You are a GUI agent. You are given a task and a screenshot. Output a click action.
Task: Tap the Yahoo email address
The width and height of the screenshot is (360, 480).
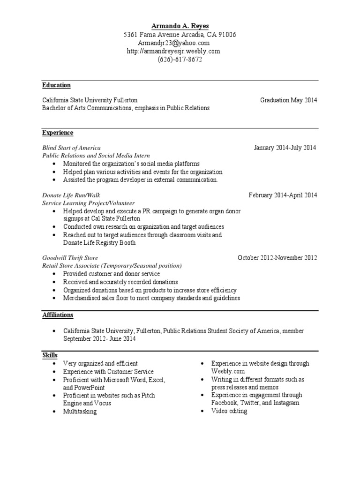pyautogui.click(x=180, y=43)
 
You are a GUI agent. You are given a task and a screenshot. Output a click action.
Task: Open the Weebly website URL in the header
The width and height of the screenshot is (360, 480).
pyautogui.click(x=180, y=51)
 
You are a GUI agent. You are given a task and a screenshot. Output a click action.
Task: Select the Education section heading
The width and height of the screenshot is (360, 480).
pyautogui.click(x=56, y=85)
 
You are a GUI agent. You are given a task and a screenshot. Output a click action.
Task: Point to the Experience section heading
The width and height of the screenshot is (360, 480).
pyautogui.click(x=58, y=133)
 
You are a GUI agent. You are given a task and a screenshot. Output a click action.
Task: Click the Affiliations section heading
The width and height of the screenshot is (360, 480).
pyautogui.click(x=58, y=315)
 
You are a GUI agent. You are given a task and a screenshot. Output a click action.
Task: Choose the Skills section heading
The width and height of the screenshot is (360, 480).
pyautogui.click(x=50, y=356)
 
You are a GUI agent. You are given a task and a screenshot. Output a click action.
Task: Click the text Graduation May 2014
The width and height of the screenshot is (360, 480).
pyautogui.click(x=289, y=100)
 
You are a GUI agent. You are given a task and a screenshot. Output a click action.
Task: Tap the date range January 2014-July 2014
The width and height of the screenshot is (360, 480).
pyautogui.click(x=285, y=148)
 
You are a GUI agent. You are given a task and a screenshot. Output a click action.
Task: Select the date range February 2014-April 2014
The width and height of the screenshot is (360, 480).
pyautogui.click(x=283, y=195)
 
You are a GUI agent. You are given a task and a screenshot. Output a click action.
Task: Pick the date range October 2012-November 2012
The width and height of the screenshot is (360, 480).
pyautogui.click(x=277, y=257)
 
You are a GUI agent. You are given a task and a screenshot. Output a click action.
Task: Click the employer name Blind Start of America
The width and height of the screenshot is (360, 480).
pyautogui.click(x=71, y=148)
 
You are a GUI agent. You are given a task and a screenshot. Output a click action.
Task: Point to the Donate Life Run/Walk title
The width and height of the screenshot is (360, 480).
pyautogui.click(x=71, y=195)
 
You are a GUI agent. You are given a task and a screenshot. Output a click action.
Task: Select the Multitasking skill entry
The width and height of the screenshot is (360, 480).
pyautogui.click(x=80, y=412)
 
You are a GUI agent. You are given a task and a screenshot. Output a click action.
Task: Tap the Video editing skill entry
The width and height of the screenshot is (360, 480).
pyautogui.click(x=229, y=411)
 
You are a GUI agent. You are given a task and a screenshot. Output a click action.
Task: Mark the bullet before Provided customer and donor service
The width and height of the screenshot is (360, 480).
pyautogui.click(x=54, y=274)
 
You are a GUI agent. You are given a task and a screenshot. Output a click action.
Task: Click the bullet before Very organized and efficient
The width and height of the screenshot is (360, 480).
pyautogui.click(x=54, y=364)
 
